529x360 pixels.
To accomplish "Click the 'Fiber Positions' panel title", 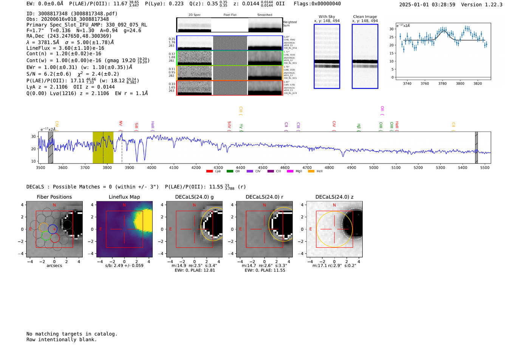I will point(54,197).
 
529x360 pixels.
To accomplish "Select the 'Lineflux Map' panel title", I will point(124,197).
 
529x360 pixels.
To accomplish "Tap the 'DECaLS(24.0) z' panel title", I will point(334,197).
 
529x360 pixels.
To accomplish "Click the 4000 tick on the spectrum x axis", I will point(152,167).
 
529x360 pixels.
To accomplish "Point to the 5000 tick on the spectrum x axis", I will point(374,167).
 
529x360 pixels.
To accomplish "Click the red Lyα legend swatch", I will point(209,172).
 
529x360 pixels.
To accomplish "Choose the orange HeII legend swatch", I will point(311,172).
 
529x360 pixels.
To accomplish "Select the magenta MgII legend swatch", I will point(290,172).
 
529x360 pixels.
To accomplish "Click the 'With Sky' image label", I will point(326,17).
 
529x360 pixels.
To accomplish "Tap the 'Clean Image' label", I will point(365,17).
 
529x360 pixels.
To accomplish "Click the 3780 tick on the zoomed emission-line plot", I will point(442,83).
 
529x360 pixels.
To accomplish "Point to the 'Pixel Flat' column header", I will point(230,15).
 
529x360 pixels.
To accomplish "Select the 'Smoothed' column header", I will point(264,15).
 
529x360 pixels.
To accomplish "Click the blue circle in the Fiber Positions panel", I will point(53,229).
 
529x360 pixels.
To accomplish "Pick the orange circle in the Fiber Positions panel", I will point(43,227).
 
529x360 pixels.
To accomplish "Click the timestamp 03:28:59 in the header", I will point(442,5).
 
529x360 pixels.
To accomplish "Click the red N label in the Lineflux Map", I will point(124,205).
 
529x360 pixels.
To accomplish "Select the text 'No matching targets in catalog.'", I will point(72,334).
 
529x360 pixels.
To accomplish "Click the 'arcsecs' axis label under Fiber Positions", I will point(54,266).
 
